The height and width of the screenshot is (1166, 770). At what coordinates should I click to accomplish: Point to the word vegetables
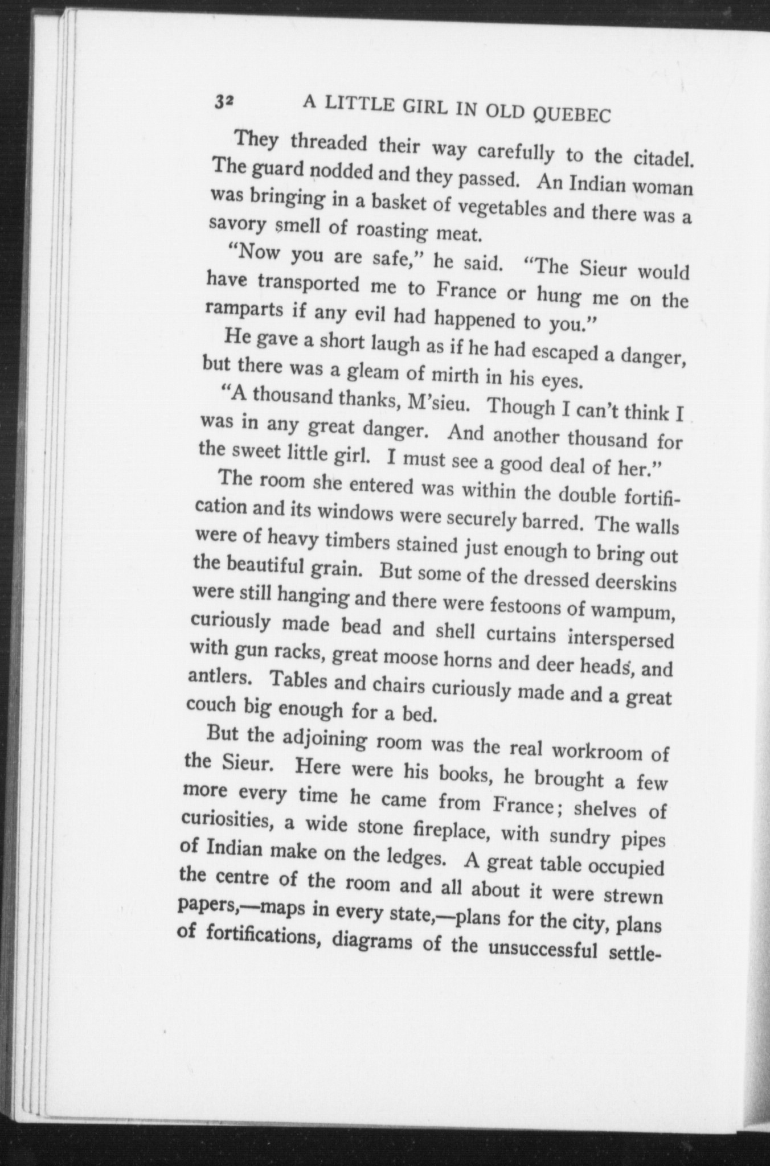coord(502,211)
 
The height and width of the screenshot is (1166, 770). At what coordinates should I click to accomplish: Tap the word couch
coord(211,707)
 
